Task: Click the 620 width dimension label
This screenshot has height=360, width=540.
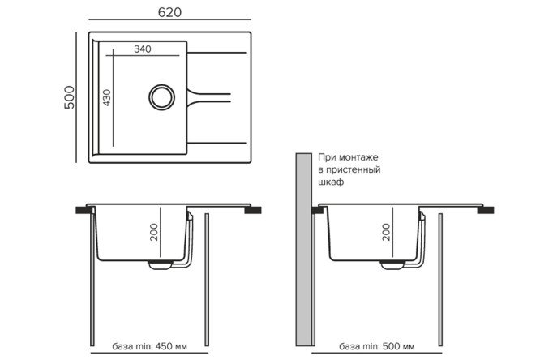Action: coord(169,12)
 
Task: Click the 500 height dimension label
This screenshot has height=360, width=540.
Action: coord(69,97)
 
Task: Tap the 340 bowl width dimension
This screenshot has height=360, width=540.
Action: coord(143,49)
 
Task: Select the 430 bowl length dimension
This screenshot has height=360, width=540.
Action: coord(107,97)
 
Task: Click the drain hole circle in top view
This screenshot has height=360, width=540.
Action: coord(161,97)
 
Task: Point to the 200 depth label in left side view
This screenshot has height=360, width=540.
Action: coord(154,232)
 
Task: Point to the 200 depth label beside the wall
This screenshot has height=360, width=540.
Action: coord(387,232)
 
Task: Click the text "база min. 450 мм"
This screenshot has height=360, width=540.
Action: coord(149,346)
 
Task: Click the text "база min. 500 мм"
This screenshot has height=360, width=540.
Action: coord(377,346)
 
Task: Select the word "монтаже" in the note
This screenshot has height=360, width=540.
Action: coord(358,157)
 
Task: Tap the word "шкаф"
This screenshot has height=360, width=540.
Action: coord(331,182)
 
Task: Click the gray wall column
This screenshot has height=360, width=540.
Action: coord(304,250)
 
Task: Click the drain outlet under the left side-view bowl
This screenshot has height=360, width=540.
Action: coord(161,264)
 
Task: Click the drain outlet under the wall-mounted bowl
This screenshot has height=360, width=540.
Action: coord(392,264)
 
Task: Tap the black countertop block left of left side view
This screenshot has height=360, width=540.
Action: coord(84,210)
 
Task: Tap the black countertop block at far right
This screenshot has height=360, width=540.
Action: coord(486,210)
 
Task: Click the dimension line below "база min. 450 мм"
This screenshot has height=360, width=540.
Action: coord(149,353)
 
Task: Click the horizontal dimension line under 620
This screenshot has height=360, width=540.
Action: coord(169,19)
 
